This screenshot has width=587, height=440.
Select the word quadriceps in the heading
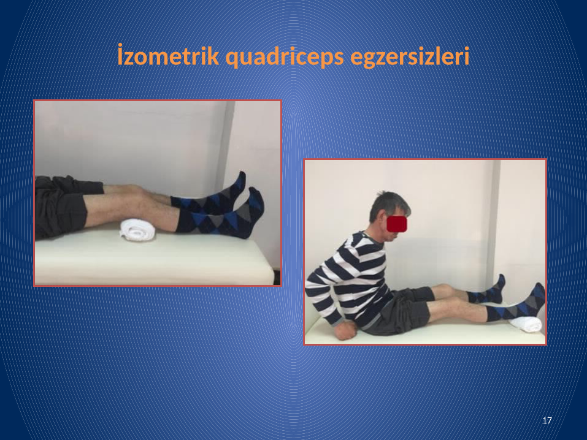285,57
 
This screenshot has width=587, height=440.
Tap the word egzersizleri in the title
410,57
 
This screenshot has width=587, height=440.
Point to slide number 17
547,420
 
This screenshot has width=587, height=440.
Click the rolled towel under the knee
137,230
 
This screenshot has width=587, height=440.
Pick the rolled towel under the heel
526,324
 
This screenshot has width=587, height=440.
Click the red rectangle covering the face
396,224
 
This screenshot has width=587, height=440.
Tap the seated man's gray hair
388,204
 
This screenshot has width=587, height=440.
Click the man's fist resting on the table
345,330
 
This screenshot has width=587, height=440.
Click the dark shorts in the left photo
62,206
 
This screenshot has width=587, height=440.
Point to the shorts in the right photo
401,311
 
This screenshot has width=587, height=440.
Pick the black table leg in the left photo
277,277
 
